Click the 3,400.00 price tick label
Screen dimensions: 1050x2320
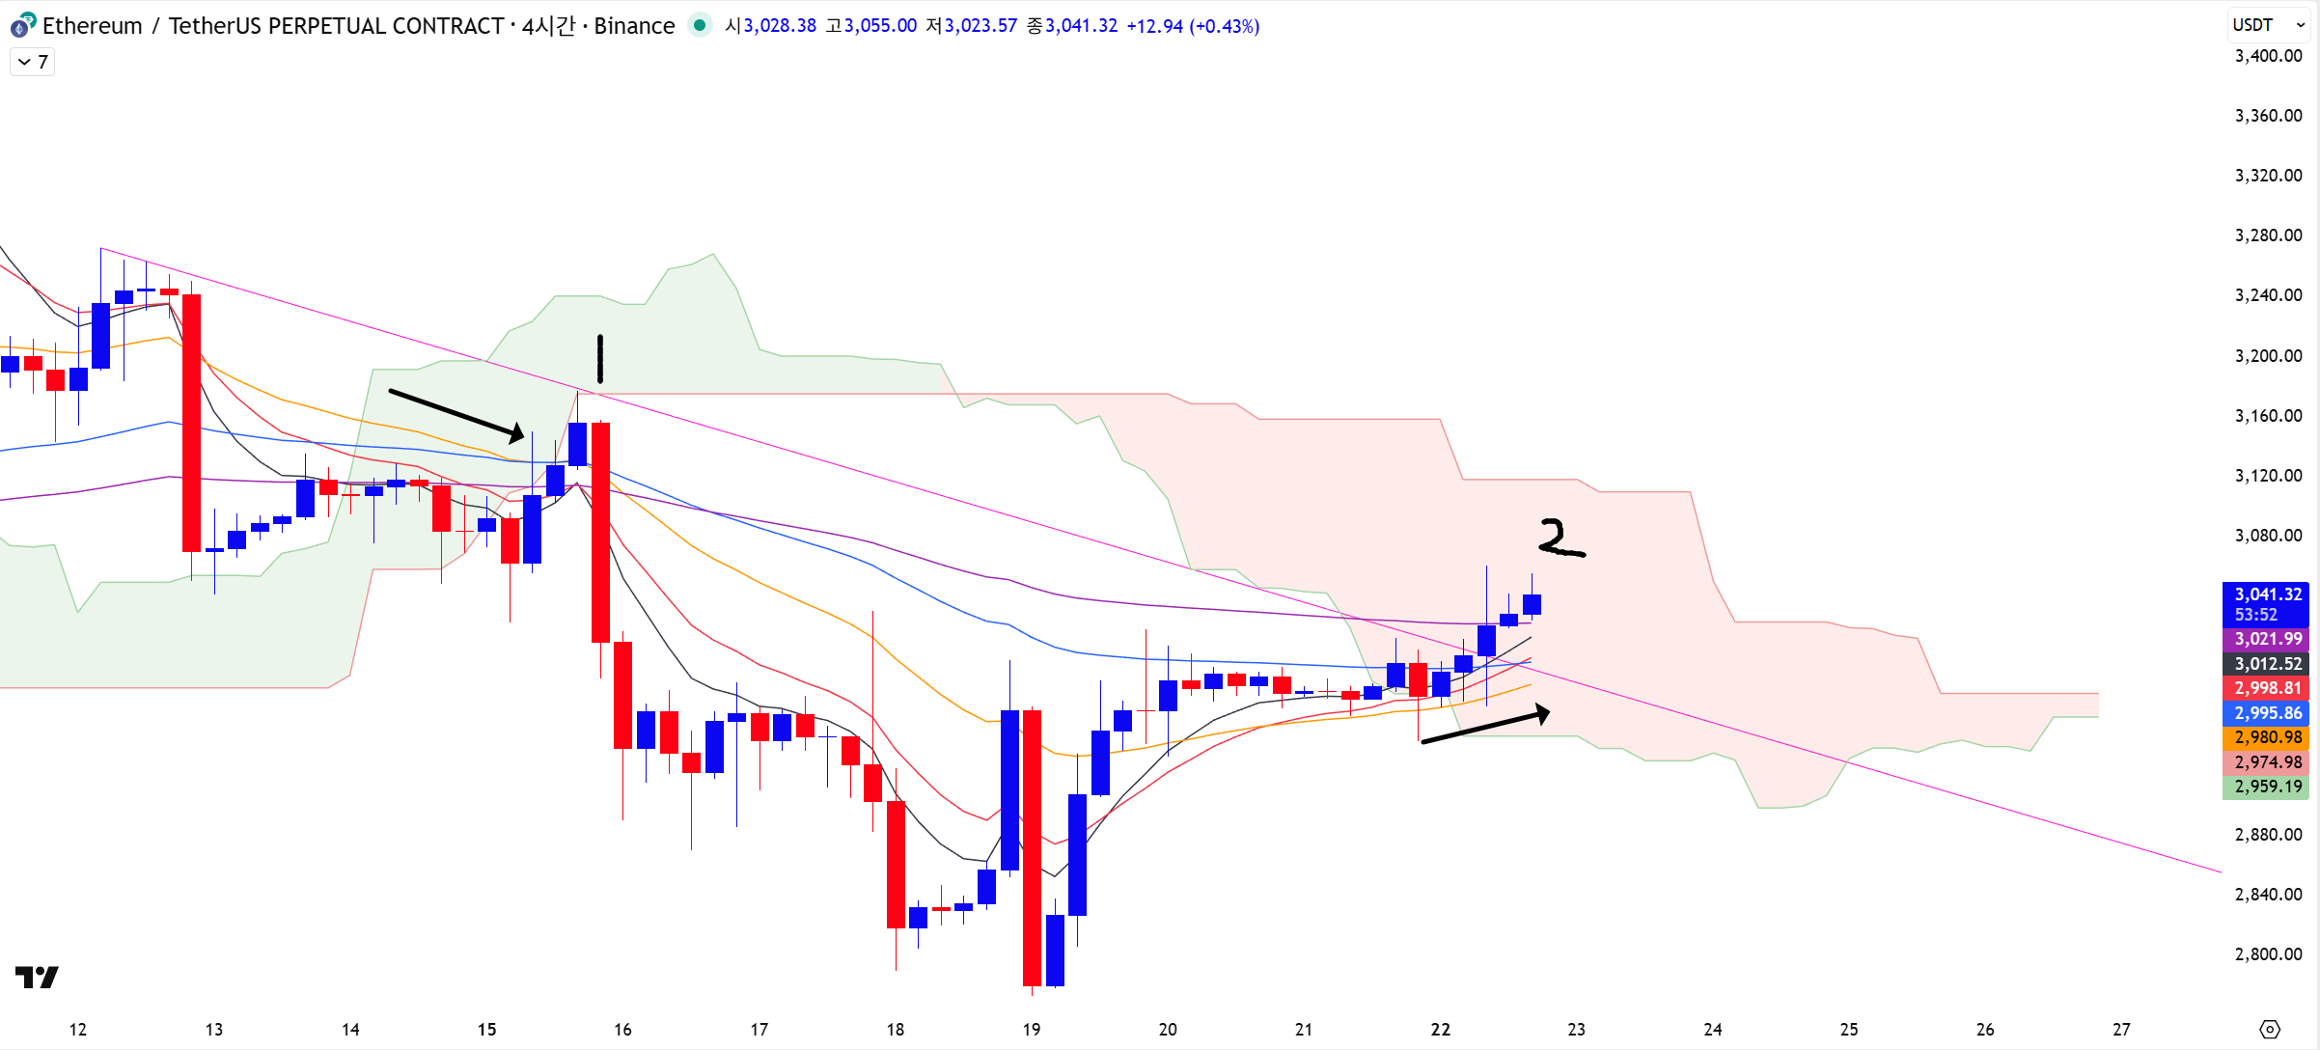[x=2268, y=56]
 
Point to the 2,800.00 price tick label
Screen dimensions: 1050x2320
[x=2268, y=954]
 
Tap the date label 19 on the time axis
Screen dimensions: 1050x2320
[x=1032, y=1030]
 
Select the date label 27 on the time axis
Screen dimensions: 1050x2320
[x=2121, y=1030]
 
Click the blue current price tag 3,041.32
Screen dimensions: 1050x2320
[x=2267, y=595]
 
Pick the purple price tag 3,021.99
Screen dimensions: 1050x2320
[x=2267, y=639]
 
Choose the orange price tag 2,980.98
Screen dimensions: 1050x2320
[x=2267, y=737]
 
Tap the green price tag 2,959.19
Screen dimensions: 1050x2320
[x=2267, y=787]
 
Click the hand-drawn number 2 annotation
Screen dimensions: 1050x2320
[x=1560, y=539]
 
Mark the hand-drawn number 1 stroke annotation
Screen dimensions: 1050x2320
[x=600, y=359]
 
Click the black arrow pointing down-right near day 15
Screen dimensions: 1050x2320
[x=456, y=415]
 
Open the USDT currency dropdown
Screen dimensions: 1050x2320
[x=2268, y=25]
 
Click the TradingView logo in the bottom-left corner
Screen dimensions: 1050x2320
[x=37, y=977]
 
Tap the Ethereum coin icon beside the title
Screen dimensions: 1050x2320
[x=22, y=25]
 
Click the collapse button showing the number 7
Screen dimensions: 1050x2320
[x=33, y=62]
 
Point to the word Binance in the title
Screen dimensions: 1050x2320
[x=634, y=26]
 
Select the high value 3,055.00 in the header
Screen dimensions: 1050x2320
[x=880, y=26]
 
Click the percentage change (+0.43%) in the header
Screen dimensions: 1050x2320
[x=1224, y=26]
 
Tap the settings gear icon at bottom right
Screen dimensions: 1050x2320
[x=2270, y=1030]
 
